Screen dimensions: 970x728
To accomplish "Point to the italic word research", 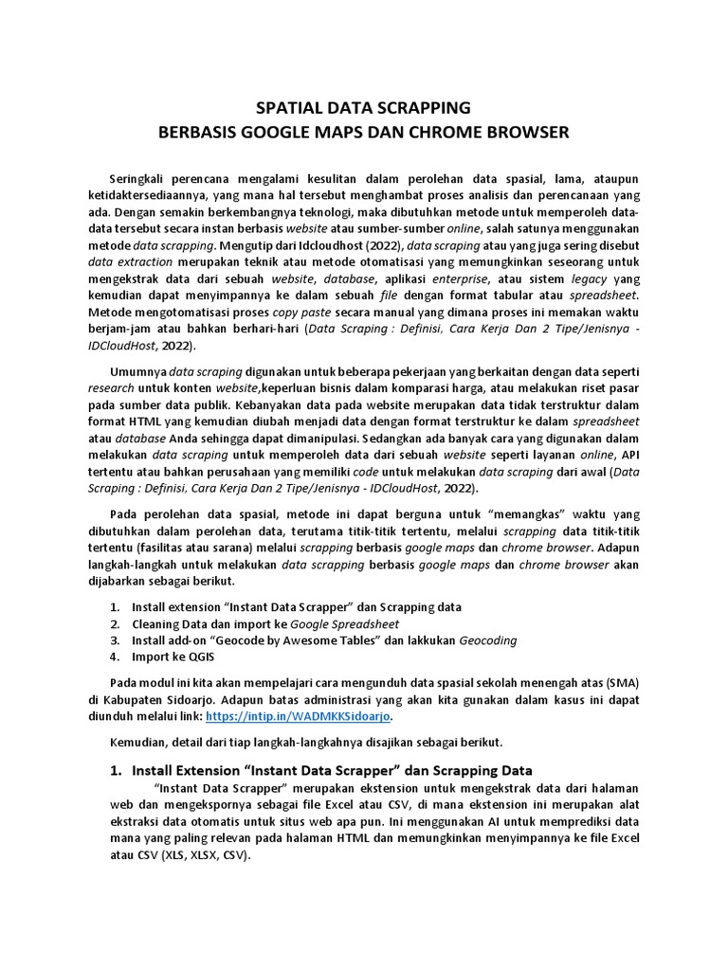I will [x=112, y=387].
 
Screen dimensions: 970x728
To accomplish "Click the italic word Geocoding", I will [x=488, y=640].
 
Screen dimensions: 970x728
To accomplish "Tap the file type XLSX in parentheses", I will [x=205, y=854].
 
